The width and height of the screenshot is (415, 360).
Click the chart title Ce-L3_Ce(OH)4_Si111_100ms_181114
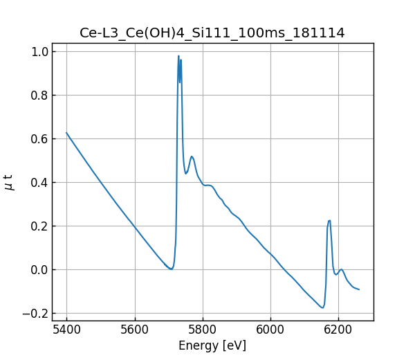pyautogui.click(x=212, y=33)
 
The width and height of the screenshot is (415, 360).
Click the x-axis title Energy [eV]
pyautogui.click(x=212, y=345)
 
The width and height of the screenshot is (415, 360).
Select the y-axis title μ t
pyautogui.click(x=9, y=182)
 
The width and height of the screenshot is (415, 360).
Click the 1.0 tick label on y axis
pyautogui.click(x=39, y=52)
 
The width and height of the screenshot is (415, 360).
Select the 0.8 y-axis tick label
pyautogui.click(x=39, y=96)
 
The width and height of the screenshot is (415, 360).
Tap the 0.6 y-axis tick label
pyautogui.click(x=39, y=139)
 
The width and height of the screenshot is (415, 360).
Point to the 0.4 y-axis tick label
pyautogui.click(x=39, y=183)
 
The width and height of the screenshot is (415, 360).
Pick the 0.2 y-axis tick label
pyautogui.click(x=39, y=226)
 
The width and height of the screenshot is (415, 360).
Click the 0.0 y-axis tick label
pyautogui.click(x=39, y=270)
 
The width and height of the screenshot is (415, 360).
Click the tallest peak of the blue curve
pyautogui.click(x=178, y=56)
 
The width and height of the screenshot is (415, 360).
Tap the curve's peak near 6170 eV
pyautogui.click(x=329, y=221)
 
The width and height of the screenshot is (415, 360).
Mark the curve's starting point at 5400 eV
pyautogui.click(x=66, y=133)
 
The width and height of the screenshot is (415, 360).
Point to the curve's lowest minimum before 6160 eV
pyautogui.click(x=322, y=307)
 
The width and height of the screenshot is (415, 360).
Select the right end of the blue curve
pyautogui.click(x=359, y=289)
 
